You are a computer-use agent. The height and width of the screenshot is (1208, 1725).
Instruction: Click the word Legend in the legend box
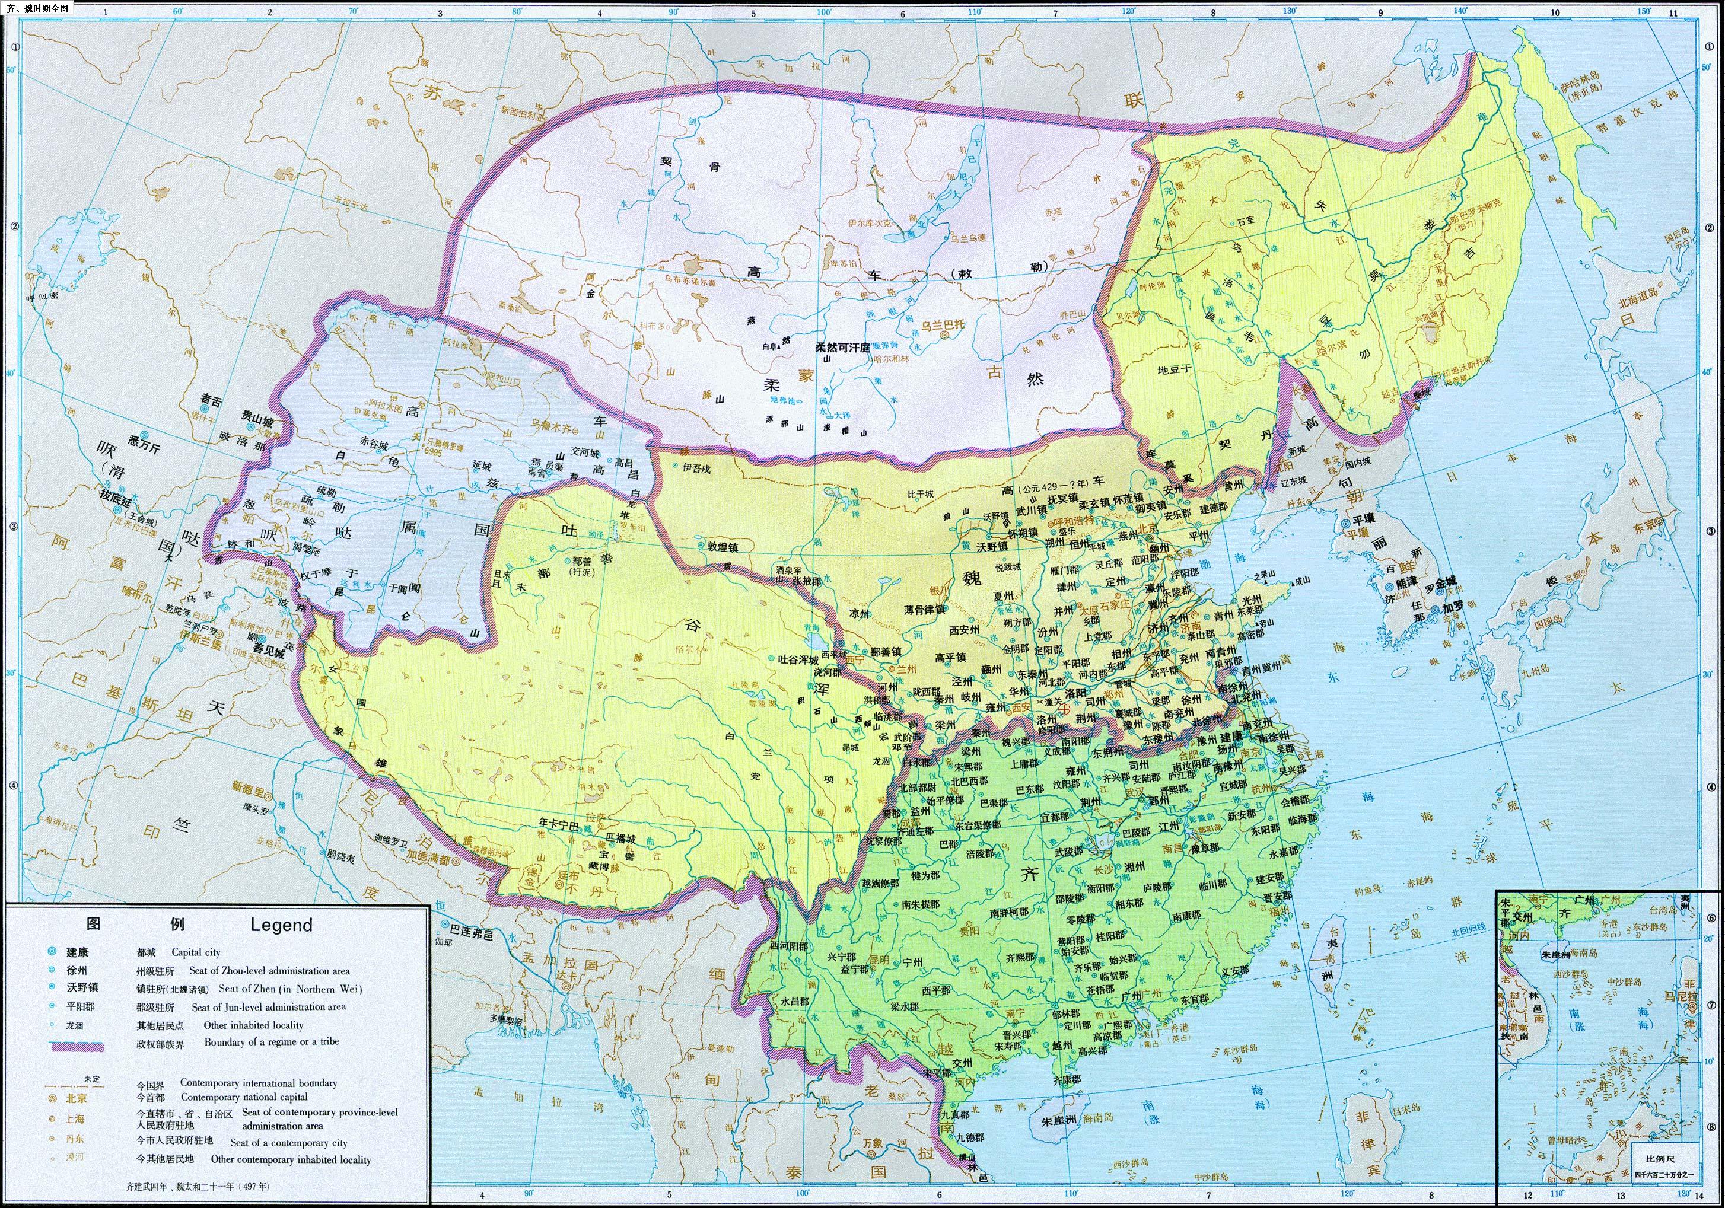(281, 925)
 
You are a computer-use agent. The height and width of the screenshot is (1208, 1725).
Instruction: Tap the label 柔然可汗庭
(842, 348)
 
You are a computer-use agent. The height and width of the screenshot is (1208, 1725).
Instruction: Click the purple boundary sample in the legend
(77, 1046)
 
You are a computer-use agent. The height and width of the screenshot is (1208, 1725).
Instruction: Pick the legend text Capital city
(195, 952)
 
